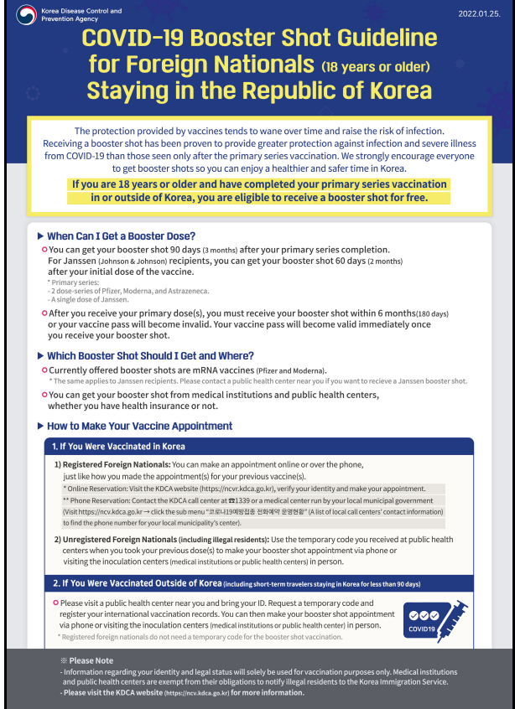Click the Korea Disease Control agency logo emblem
(26, 15)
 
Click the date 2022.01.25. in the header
(479, 14)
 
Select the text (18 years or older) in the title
(377, 65)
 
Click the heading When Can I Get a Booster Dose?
(121, 236)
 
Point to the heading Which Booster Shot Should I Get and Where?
(150, 356)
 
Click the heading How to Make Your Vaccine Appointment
(139, 427)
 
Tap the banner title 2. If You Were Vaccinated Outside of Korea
(138, 583)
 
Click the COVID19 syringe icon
(434, 620)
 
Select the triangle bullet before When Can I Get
(41, 236)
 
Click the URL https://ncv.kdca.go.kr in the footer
(196, 693)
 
